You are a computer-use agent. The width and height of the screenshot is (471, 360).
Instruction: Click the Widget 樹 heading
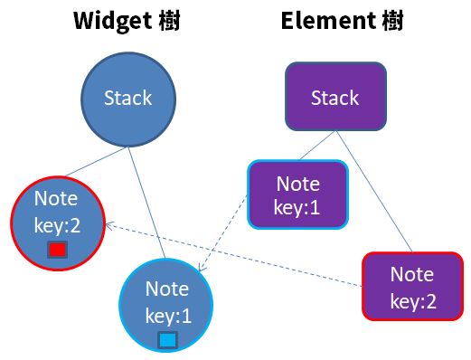point(127,21)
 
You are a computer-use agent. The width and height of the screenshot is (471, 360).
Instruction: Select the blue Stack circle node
point(127,98)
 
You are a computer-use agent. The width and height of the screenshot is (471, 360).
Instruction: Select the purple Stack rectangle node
point(334,98)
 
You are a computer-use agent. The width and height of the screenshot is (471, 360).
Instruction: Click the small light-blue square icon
point(167,340)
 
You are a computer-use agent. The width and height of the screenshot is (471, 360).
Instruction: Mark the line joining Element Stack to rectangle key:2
point(375,190)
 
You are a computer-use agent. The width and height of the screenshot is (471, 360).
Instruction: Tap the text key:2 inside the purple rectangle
point(413,301)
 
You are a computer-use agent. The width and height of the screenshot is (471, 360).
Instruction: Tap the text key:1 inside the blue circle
point(166,317)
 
